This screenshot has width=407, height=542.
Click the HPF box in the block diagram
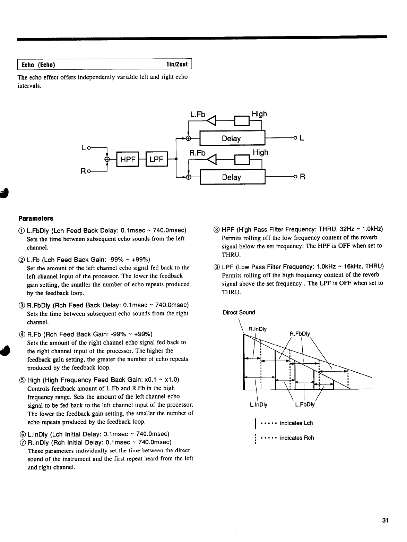(128, 159)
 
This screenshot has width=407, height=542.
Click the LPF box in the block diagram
(156, 159)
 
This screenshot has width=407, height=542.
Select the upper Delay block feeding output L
(232, 138)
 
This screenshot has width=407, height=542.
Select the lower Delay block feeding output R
(232, 177)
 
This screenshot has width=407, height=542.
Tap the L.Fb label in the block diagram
(198, 115)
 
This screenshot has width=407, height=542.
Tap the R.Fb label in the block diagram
(198, 153)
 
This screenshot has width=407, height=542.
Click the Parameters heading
(36, 219)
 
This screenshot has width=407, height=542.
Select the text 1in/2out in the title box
(176, 65)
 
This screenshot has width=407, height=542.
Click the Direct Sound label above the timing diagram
(239, 312)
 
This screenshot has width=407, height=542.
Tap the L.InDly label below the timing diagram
(259, 404)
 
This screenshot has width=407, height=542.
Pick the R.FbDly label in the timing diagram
(300, 334)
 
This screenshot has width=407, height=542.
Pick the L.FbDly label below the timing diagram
(305, 404)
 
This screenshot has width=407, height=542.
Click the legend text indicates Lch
(296, 423)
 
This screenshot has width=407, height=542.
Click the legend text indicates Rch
(297, 438)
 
